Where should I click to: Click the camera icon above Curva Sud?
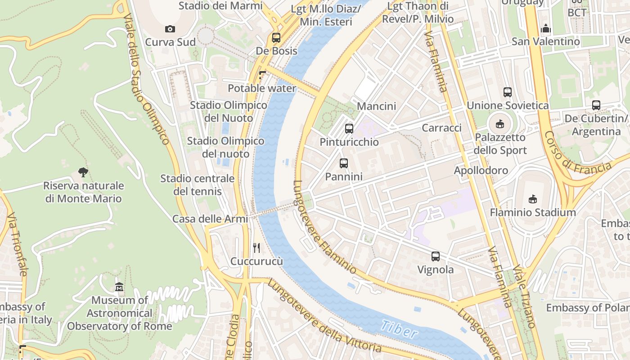tap(170, 29)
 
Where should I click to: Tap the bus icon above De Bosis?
tap(276, 38)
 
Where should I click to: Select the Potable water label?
tap(262, 88)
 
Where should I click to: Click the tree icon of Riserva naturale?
tap(83, 172)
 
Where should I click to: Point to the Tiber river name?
tap(398, 330)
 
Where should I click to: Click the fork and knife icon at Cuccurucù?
tap(256, 247)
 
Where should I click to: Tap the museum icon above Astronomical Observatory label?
tap(119, 287)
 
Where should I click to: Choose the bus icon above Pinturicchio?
tap(349, 129)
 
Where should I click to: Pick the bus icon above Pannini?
tap(344, 163)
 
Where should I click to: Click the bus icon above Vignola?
tap(436, 256)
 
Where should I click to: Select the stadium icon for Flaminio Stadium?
tap(533, 199)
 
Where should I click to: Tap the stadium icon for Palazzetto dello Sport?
tap(500, 124)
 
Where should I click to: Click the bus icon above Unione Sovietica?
tap(508, 92)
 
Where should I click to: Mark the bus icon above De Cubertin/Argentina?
tap(596, 105)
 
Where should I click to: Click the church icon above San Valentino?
tap(546, 29)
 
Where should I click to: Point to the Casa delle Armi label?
tap(210, 219)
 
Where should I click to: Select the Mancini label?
tap(376, 106)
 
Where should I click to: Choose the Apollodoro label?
tap(481, 171)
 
